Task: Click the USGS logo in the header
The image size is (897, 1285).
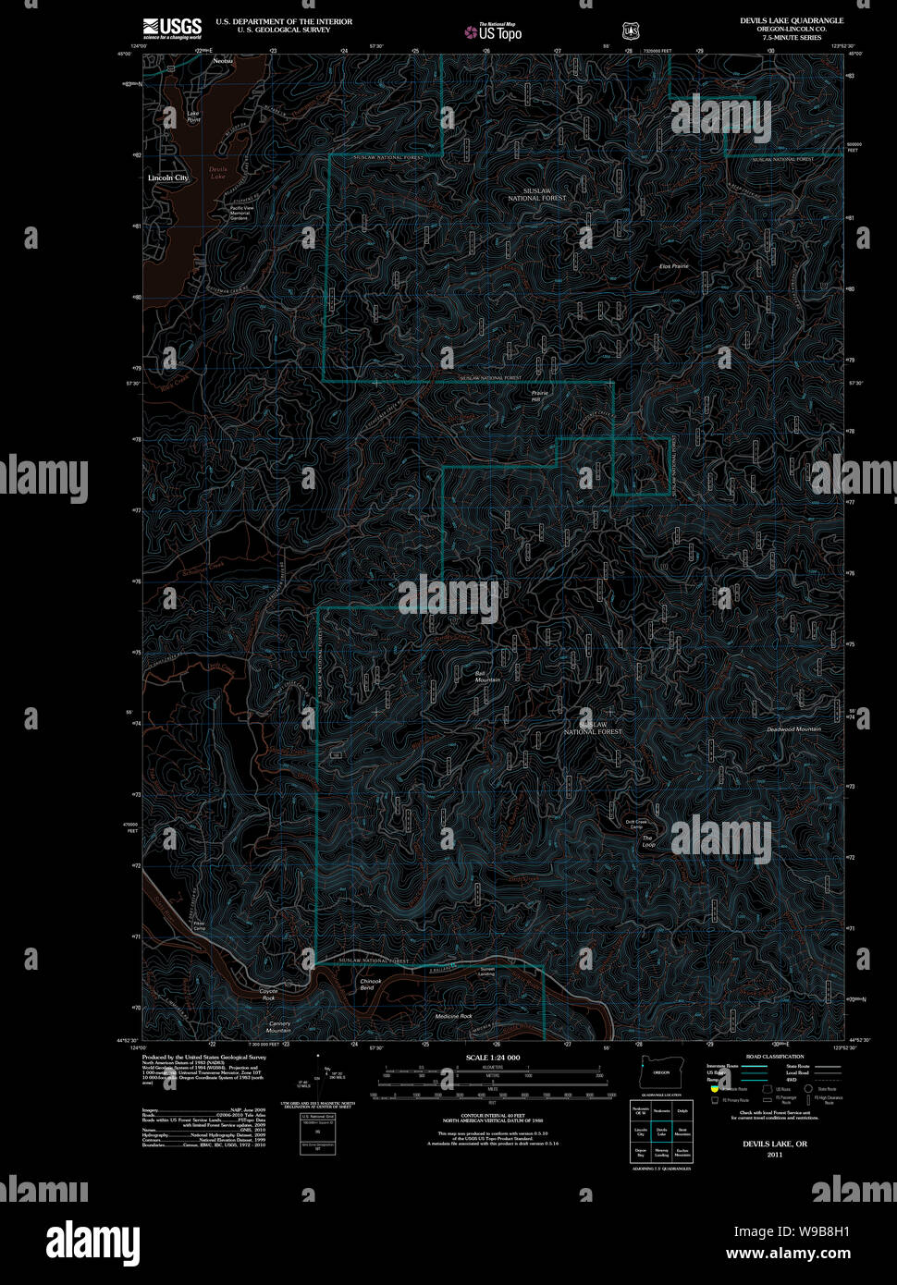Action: [172, 27]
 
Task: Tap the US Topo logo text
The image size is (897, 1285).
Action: [498, 32]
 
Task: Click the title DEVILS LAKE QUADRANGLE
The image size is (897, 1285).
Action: [791, 20]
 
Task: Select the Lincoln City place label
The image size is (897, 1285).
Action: [168, 177]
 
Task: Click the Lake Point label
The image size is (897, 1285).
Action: [193, 116]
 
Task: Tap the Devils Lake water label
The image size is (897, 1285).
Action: [217, 173]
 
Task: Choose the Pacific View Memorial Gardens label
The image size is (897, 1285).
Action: [240, 213]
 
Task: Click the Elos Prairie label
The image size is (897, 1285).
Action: [673, 266]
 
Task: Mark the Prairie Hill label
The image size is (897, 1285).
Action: [540, 396]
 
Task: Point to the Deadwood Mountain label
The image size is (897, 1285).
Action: [793, 729]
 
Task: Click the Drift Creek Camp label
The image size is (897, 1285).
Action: [636, 824]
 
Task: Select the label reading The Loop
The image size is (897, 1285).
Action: [648, 841]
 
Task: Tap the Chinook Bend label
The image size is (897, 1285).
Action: [370, 985]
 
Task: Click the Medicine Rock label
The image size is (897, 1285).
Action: [453, 1016]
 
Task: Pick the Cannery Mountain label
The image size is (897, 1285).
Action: [279, 1026]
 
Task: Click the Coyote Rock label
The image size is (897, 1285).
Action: [267, 995]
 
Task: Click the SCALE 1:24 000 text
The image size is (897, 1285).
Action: [493, 1057]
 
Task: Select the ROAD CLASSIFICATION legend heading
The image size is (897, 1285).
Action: [774, 1057]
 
